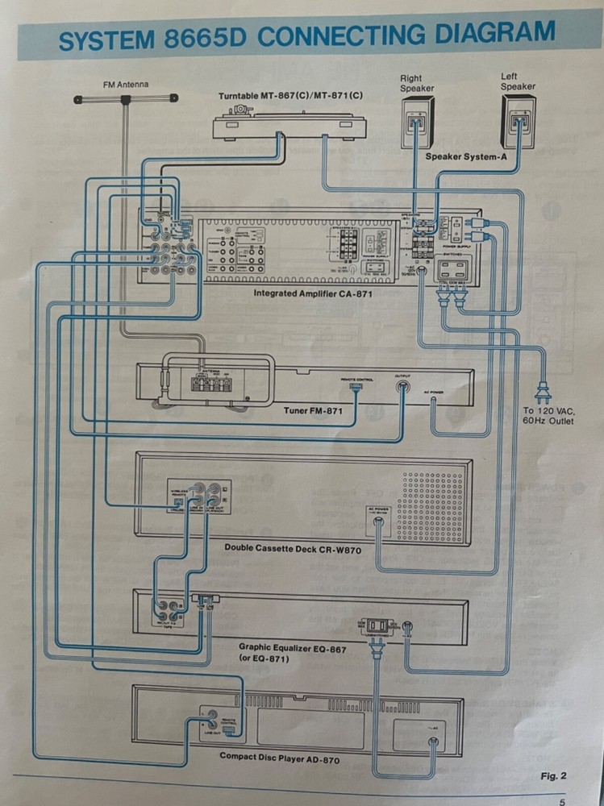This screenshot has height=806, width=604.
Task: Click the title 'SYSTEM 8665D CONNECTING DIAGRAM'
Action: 306,36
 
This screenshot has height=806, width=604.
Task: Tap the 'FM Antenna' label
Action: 126,84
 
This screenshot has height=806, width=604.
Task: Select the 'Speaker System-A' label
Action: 466,157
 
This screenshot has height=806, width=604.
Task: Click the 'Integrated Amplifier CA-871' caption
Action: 313,293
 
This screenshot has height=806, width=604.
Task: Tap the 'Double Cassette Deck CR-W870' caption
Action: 292,550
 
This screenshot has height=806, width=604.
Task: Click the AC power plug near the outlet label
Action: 544,395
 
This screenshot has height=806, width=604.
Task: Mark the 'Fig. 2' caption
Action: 553,776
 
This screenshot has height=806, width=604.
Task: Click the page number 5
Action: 561,801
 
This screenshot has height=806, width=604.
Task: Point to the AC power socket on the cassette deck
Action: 377,522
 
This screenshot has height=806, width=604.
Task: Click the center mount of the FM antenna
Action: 126,100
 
